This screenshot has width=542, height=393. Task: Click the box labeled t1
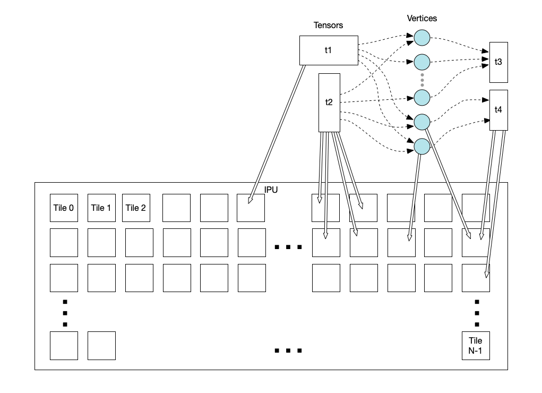click(329, 50)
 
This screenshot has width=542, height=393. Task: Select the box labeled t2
click(329, 102)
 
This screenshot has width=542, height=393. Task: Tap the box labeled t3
click(498, 62)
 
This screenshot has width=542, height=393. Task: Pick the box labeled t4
click(498, 110)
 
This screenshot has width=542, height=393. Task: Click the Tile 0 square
click(64, 208)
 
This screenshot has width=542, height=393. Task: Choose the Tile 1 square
click(101, 208)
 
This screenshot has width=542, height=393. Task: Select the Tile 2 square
click(136, 208)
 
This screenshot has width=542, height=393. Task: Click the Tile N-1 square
click(476, 345)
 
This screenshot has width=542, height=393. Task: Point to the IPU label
click(271, 190)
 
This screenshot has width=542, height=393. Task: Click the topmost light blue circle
click(421, 38)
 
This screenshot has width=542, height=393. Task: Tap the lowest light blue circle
click(421, 147)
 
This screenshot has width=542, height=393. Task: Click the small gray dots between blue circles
click(422, 80)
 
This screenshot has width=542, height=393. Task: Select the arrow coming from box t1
click(276, 133)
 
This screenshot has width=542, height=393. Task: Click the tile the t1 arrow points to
click(251, 208)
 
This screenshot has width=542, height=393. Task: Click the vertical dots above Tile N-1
click(477, 312)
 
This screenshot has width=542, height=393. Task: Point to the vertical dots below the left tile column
click(65, 312)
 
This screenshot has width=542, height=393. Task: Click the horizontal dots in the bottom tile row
click(288, 351)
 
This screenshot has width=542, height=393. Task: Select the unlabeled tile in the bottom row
click(101, 345)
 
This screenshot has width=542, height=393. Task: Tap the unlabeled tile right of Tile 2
click(176, 208)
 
